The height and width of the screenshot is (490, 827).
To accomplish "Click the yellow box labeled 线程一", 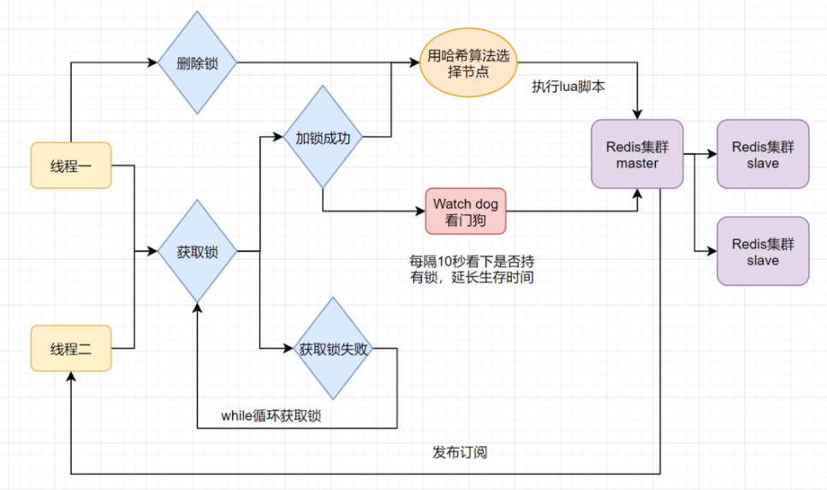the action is coord(71,165).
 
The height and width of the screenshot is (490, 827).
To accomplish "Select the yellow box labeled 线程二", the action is coord(71,349).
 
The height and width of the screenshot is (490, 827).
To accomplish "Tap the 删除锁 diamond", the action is coord(197,63).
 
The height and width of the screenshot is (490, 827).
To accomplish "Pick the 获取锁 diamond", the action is coord(197,251).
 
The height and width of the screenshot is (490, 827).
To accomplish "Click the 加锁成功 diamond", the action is coord(323,137).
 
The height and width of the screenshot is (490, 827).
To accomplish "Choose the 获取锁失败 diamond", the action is coord(333,349).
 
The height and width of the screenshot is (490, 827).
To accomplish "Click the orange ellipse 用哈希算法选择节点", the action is coord(468,63).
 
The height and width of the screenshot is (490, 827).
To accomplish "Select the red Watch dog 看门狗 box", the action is coord(466,212).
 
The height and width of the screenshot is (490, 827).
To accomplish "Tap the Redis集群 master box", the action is coord(637,154).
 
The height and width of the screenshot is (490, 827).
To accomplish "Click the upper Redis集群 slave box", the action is coord(763,154).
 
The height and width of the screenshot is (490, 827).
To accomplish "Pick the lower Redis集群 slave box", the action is coord(763,251).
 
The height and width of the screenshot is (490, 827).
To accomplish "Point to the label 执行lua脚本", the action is coord(568,87).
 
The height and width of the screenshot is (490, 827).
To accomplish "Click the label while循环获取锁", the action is coord(271,415).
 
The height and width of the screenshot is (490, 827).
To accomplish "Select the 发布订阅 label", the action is coord(460,452).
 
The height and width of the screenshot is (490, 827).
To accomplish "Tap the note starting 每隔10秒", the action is coord(472,269).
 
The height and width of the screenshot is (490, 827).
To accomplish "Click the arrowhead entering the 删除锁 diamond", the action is coord(153,63).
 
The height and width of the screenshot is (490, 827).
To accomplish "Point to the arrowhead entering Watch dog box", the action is coord(420,212).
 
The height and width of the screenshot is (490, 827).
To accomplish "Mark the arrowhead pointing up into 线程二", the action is coord(71,376).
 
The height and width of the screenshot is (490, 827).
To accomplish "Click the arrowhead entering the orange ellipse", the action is coord(414,63).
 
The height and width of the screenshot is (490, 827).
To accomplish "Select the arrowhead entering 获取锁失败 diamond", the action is coord(289,349).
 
